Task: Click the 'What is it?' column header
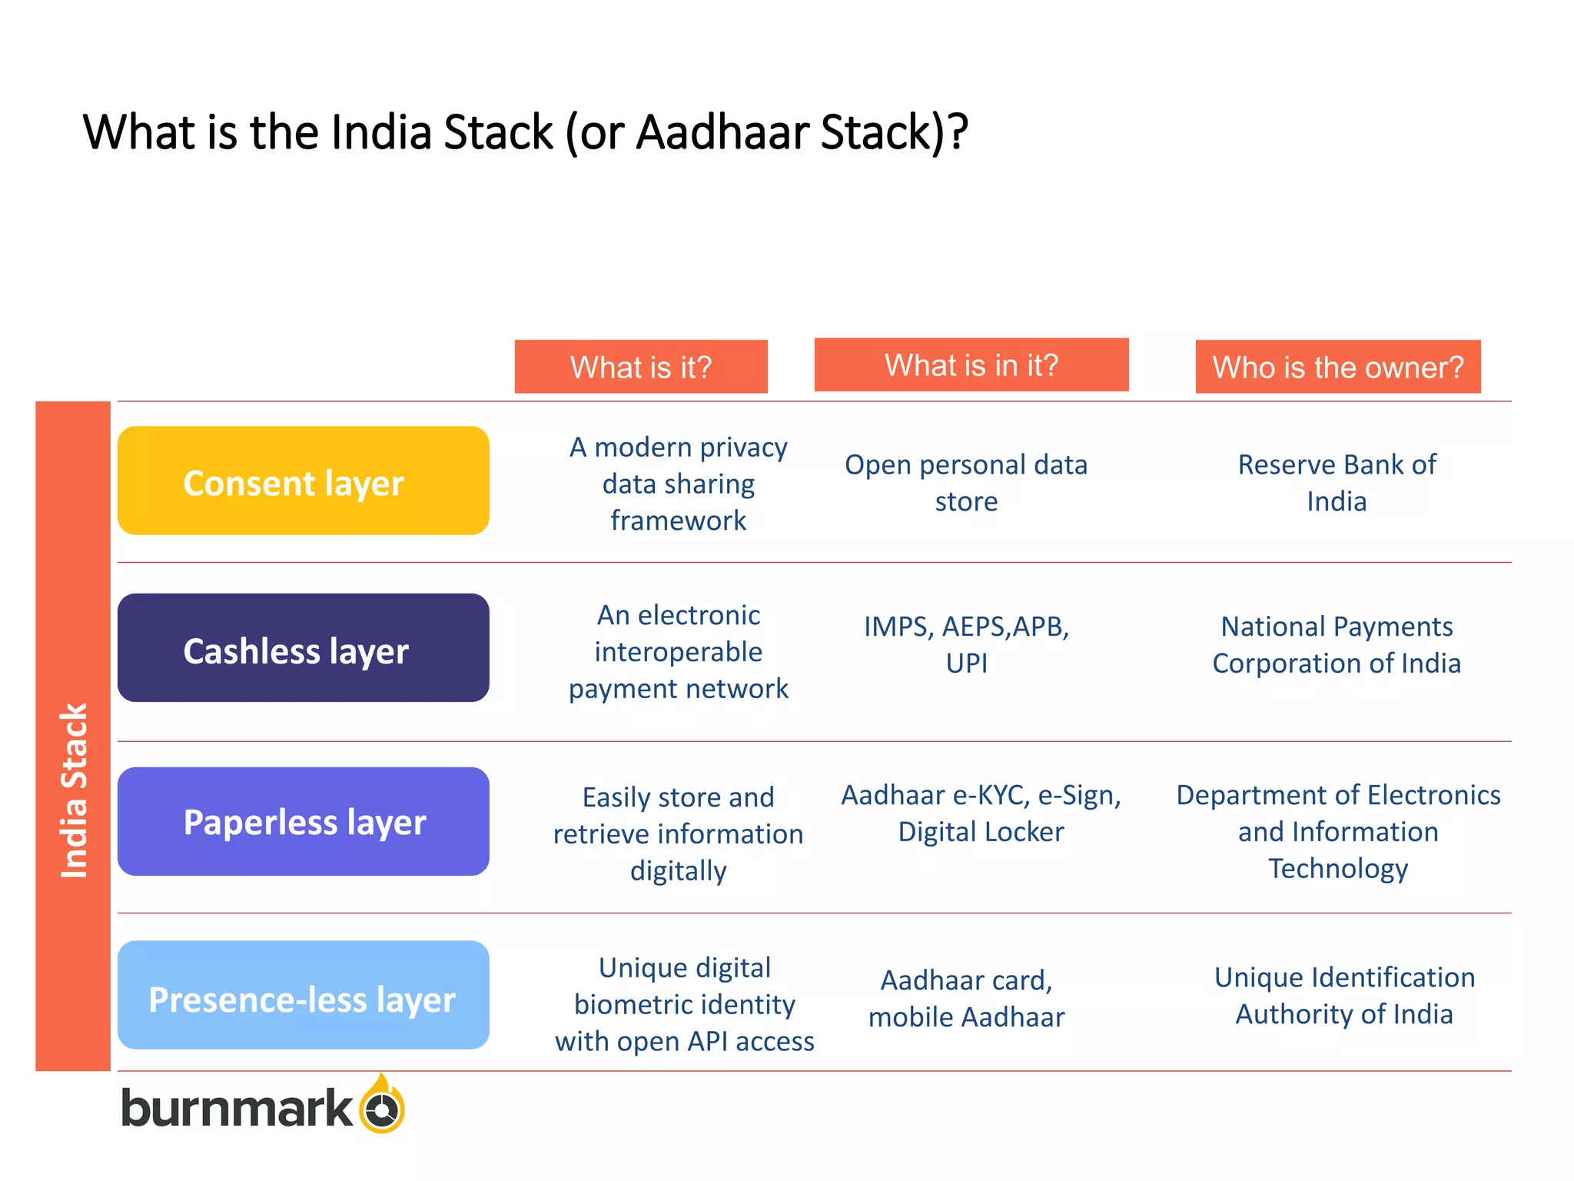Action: coord(641,367)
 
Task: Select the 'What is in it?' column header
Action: coord(971,365)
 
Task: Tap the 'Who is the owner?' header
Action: coord(1338,367)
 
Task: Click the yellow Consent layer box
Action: coord(304,481)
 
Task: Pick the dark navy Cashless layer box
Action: coord(304,648)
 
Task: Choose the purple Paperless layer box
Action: coord(304,821)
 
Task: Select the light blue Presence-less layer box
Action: coord(304,996)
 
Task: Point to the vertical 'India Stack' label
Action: coord(74,790)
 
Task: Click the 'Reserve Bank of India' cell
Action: coord(1337,483)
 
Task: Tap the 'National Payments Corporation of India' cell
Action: coord(1337,645)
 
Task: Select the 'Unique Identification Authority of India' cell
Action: coord(1344,996)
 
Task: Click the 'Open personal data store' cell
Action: coord(966,483)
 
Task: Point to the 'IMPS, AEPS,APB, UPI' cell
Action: coord(966,645)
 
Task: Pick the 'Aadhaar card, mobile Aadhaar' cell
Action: coord(966,999)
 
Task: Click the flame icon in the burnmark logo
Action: coord(382,1105)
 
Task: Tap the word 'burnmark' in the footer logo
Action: coord(237,1109)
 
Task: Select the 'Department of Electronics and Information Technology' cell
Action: coord(1338,832)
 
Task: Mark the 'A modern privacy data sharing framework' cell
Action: coord(679,484)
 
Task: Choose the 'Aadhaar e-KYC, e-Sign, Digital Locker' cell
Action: coord(981,813)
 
